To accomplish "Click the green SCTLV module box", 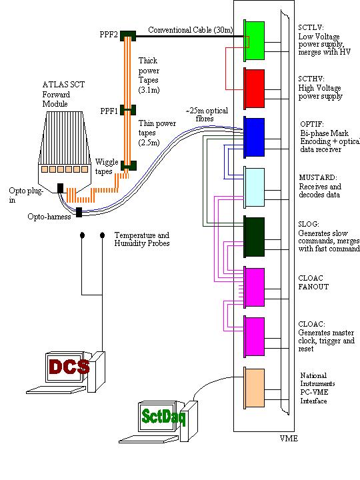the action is (x=255, y=41).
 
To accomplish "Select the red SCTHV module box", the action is (x=255, y=89).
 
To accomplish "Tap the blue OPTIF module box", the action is (x=255, y=137).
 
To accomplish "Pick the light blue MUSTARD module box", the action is (x=255, y=187).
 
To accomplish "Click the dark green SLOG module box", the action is (x=255, y=237).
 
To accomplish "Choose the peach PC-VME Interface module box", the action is (x=255, y=388).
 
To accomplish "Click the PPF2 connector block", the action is (x=128, y=36).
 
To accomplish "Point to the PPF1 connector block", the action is (x=128, y=110).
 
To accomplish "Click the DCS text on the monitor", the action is (x=69, y=367).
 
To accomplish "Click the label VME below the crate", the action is (x=289, y=439).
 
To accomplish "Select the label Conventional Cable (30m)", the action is (x=191, y=30).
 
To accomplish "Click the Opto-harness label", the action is (x=49, y=217).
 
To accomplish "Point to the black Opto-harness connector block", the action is (x=79, y=212).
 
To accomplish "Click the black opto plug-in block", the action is (x=60, y=188).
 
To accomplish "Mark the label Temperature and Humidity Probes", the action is (x=142, y=239).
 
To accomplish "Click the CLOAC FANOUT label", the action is (x=313, y=282).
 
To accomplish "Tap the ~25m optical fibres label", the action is (x=207, y=115).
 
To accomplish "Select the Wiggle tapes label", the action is (x=107, y=167).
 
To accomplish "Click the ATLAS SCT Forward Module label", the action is (x=64, y=94).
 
